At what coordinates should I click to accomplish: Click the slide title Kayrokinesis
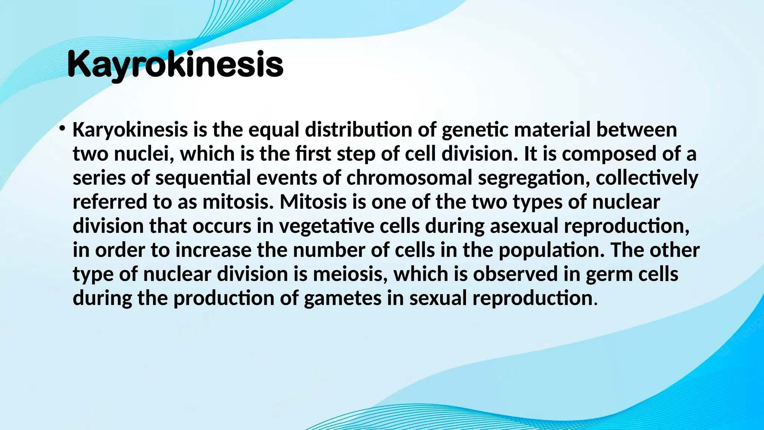tap(175, 65)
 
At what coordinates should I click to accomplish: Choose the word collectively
tap(647, 178)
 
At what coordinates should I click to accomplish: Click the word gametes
tap(342, 298)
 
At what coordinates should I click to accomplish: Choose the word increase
tap(213, 250)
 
